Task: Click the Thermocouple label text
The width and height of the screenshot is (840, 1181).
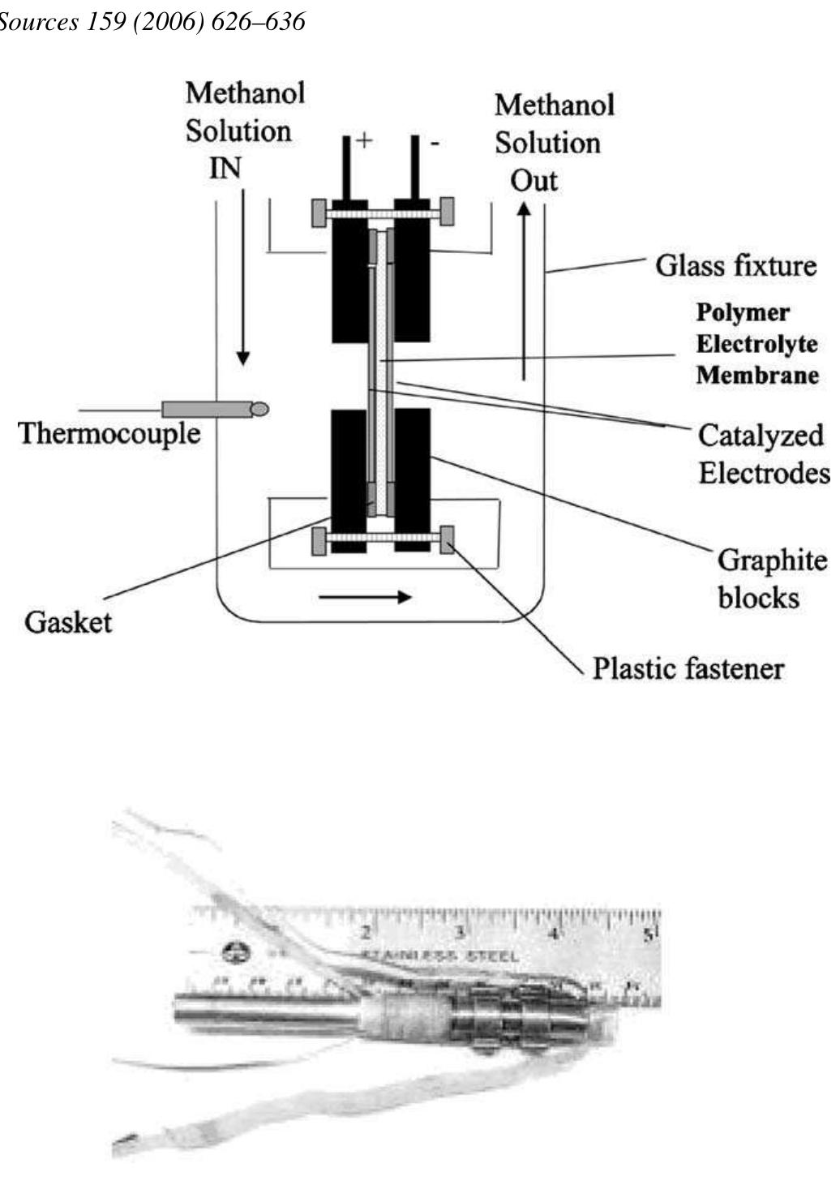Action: point(109,433)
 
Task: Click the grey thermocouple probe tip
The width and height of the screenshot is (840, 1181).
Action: point(259,410)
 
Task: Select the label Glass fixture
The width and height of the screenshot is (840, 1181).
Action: point(735,265)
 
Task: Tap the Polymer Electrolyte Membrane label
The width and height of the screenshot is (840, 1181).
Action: point(756,344)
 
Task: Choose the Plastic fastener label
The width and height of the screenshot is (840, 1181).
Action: point(688,669)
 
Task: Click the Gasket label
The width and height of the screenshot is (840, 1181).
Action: point(68,622)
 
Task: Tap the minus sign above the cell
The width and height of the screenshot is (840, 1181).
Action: point(435,144)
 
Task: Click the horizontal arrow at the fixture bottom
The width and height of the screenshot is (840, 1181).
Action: point(365,598)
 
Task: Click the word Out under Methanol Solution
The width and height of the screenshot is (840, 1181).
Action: point(534,180)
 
